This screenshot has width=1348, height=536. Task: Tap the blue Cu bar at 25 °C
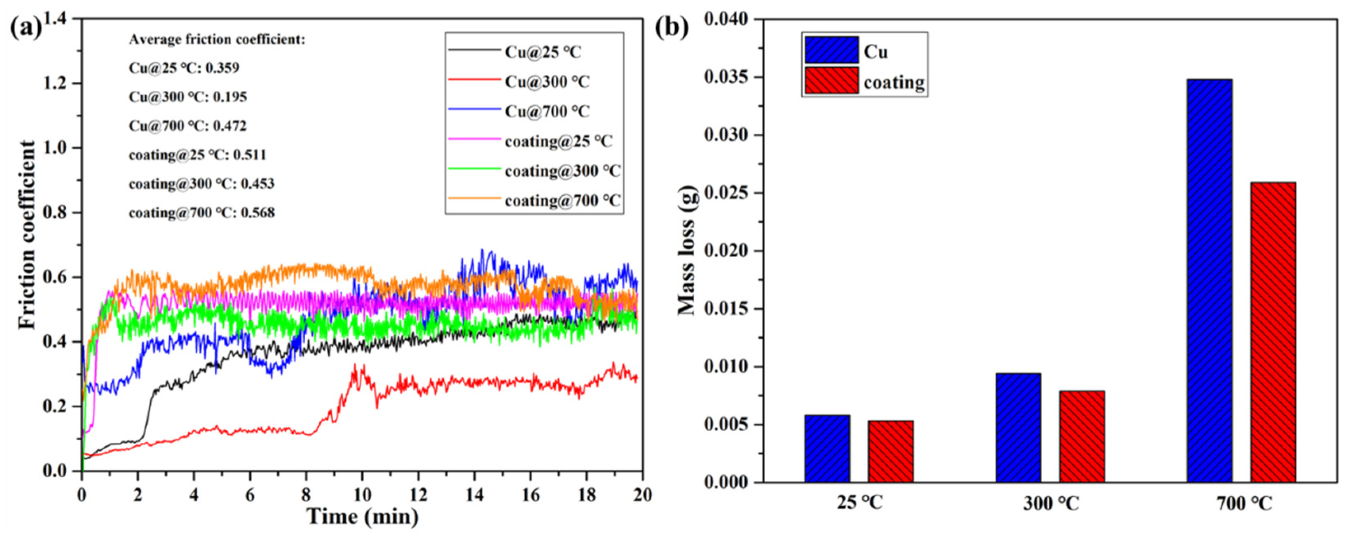827,448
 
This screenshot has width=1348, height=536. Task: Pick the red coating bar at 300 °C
1082,436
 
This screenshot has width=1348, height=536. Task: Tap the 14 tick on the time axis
474,495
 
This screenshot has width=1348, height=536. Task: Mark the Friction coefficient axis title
27,235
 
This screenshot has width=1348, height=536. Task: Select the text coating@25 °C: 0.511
197,155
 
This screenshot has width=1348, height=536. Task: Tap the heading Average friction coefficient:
217,40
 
